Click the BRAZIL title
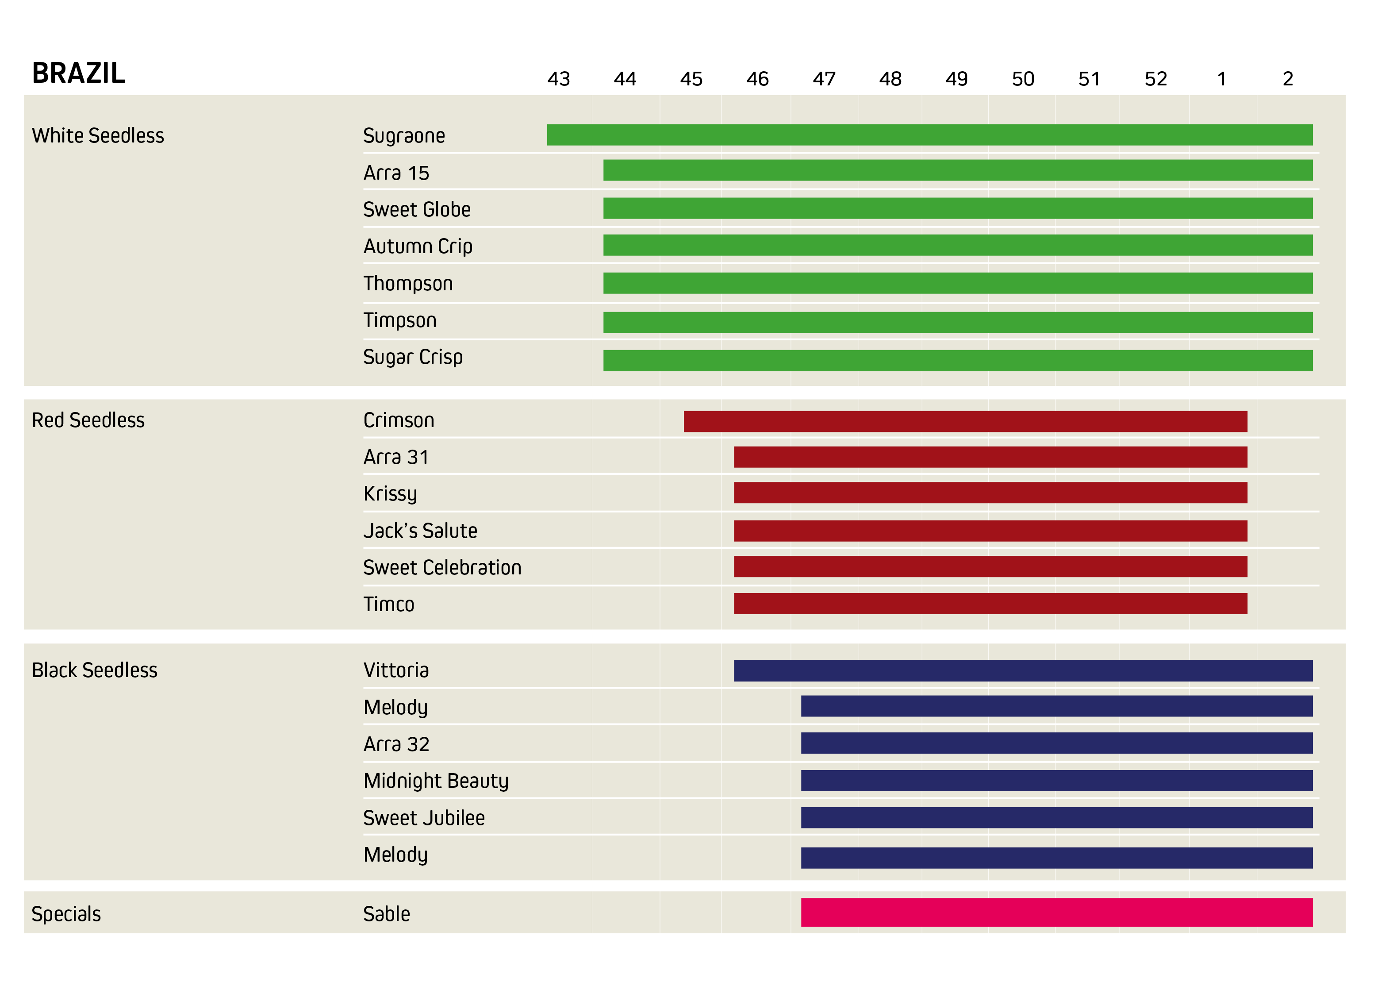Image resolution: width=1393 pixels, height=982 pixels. click(78, 73)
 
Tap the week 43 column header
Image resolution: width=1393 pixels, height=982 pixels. click(558, 79)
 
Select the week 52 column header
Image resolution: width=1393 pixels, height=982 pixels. click(1155, 79)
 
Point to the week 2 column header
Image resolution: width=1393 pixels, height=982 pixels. click(1287, 79)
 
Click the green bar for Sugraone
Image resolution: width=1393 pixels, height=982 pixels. click(929, 135)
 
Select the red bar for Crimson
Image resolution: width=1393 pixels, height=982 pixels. click(965, 421)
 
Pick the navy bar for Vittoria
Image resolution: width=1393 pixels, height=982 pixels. click(1023, 670)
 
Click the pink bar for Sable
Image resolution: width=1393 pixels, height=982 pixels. click(1056, 912)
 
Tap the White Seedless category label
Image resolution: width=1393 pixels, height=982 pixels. click(98, 135)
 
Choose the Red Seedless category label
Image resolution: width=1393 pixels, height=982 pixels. click(88, 420)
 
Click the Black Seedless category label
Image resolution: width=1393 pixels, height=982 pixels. click(94, 670)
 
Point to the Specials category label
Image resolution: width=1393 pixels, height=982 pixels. click(66, 913)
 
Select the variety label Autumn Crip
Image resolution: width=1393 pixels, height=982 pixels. click(418, 246)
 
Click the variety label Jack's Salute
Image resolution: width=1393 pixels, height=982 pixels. click(420, 531)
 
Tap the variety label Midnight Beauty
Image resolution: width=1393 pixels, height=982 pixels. click(436, 781)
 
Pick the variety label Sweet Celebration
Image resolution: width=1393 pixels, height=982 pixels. click(441, 567)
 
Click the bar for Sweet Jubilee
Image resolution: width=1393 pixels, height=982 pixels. click(1056, 817)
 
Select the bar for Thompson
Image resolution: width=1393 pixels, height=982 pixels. click(957, 283)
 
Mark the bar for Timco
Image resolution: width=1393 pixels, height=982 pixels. click(990, 603)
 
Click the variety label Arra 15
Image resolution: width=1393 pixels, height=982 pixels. click(395, 173)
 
